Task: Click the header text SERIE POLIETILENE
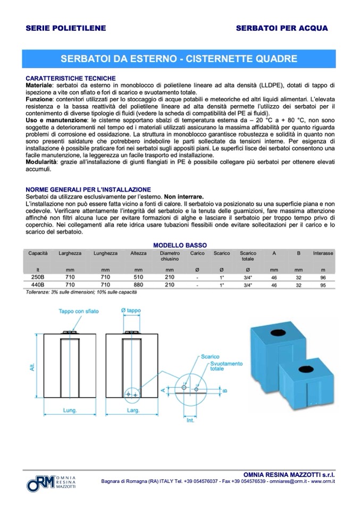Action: (x=66, y=28)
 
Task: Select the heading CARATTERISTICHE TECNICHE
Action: (x=66, y=78)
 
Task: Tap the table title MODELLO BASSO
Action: (x=180, y=245)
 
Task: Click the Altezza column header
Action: (x=138, y=254)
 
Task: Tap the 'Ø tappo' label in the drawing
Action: (x=130, y=310)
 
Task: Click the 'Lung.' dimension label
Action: (x=70, y=411)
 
